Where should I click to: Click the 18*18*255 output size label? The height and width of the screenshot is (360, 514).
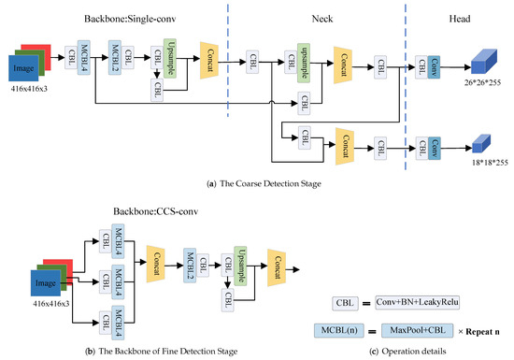coord(479,162)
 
